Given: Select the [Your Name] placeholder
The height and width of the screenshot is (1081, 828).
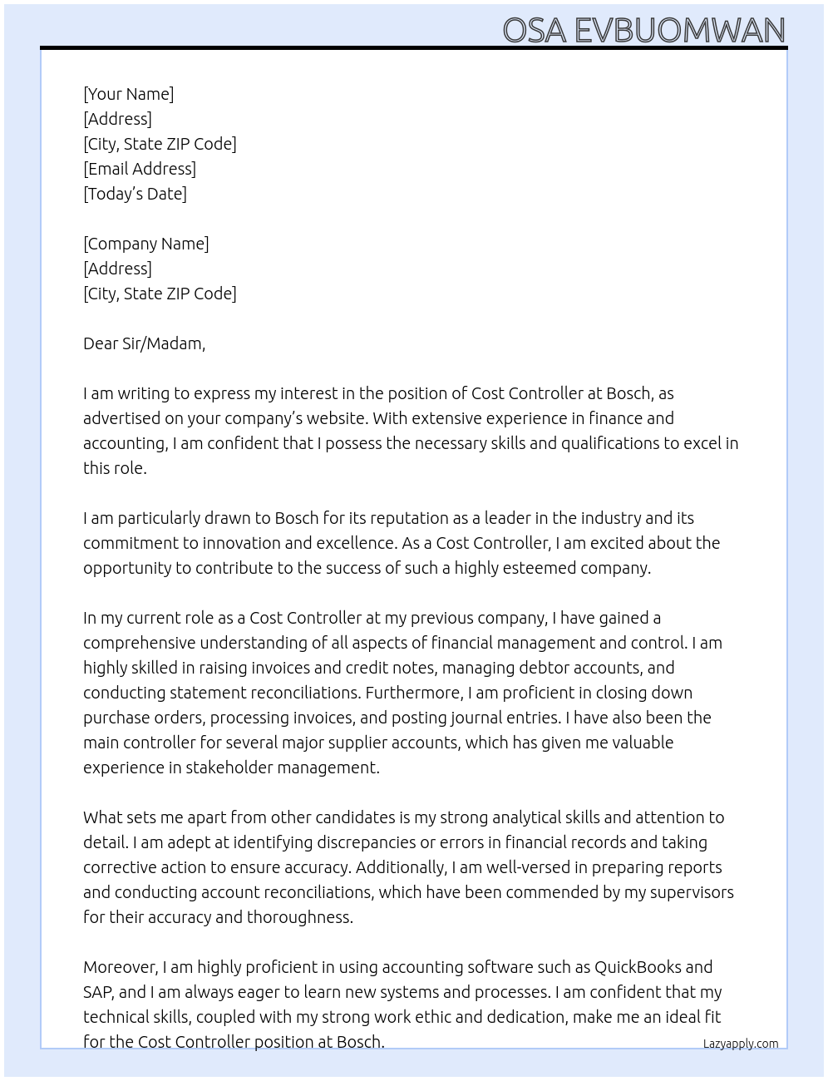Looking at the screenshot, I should pos(128,94).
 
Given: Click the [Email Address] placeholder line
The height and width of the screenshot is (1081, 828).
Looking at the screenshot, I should pos(140,169).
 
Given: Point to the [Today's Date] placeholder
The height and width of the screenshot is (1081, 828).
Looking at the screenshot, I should pos(135,194).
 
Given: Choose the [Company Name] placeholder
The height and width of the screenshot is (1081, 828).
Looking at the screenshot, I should pos(145,244).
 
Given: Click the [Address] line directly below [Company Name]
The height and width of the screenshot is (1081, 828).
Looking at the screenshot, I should pos(117,269).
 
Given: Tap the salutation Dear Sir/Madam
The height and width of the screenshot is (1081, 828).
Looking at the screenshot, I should pos(144,343).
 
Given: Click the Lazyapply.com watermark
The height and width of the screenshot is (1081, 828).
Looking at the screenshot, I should pos(740,1044).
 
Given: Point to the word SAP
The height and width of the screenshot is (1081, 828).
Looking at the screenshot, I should pos(98,992).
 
